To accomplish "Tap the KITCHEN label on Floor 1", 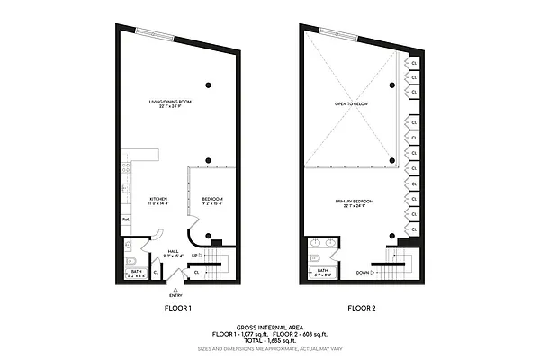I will [158, 201].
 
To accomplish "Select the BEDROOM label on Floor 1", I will [211, 201].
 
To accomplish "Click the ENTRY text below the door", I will [175, 295].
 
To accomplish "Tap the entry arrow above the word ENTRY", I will [175, 286].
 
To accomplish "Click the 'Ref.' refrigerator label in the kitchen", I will [126, 220].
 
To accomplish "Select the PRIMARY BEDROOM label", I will [354, 202].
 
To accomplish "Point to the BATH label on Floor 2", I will [321, 269].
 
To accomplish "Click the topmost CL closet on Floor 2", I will [413, 64].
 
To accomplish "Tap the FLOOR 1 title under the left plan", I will [176, 309].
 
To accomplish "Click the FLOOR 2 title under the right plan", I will [362, 309].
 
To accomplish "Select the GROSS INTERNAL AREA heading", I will [269, 328].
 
